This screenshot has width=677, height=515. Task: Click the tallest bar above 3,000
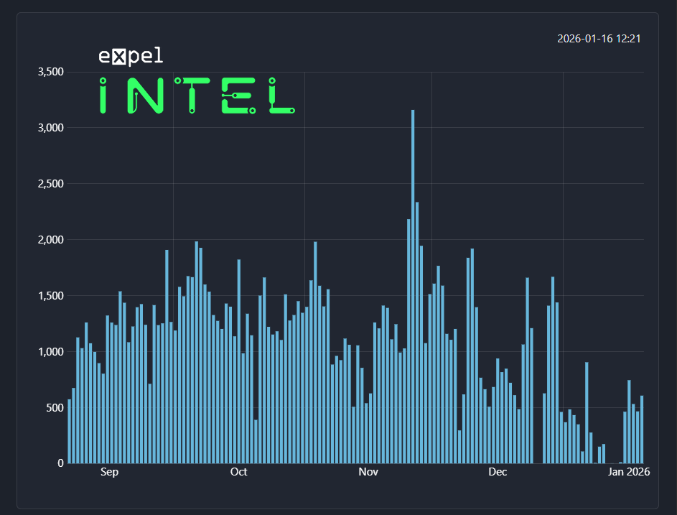(412, 287)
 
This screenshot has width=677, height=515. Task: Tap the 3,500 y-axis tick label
(50, 72)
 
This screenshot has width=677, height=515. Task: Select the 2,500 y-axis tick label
(50, 184)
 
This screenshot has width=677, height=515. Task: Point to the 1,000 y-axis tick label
(50, 352)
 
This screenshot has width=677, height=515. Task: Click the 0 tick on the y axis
(61, 463)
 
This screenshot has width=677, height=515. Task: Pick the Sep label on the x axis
(109, 472)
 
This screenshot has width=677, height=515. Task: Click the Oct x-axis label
(238, 472)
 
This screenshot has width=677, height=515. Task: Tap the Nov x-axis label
(368, 472)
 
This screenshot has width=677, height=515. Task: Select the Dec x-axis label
(498, 472)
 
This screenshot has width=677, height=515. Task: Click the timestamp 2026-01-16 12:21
(598, 38)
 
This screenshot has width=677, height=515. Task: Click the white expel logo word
(131, 56)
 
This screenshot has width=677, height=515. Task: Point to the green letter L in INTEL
(280, 96)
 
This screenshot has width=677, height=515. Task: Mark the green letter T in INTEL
(192, 96)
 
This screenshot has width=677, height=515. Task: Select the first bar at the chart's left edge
(70, 431)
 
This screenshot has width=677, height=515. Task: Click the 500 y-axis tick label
(54, 408)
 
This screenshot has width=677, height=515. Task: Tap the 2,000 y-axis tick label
(50, 240)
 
